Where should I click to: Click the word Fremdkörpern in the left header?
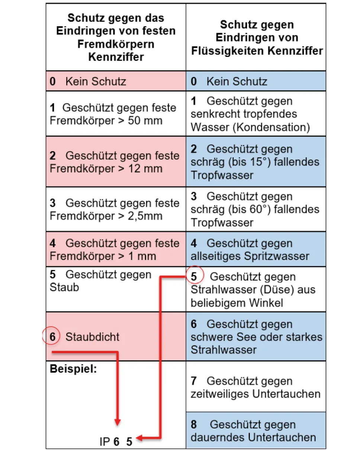point(116,44)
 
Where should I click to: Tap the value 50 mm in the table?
point(145,120)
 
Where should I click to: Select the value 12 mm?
point(145,168)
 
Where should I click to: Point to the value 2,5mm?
point(145,216)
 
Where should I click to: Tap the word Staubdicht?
point(92,337)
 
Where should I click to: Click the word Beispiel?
point(73,369)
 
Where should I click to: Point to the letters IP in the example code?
point(105,442)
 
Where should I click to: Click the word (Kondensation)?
point(271,127)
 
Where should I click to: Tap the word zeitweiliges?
point(220,394)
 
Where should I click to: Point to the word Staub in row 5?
point(64,287)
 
